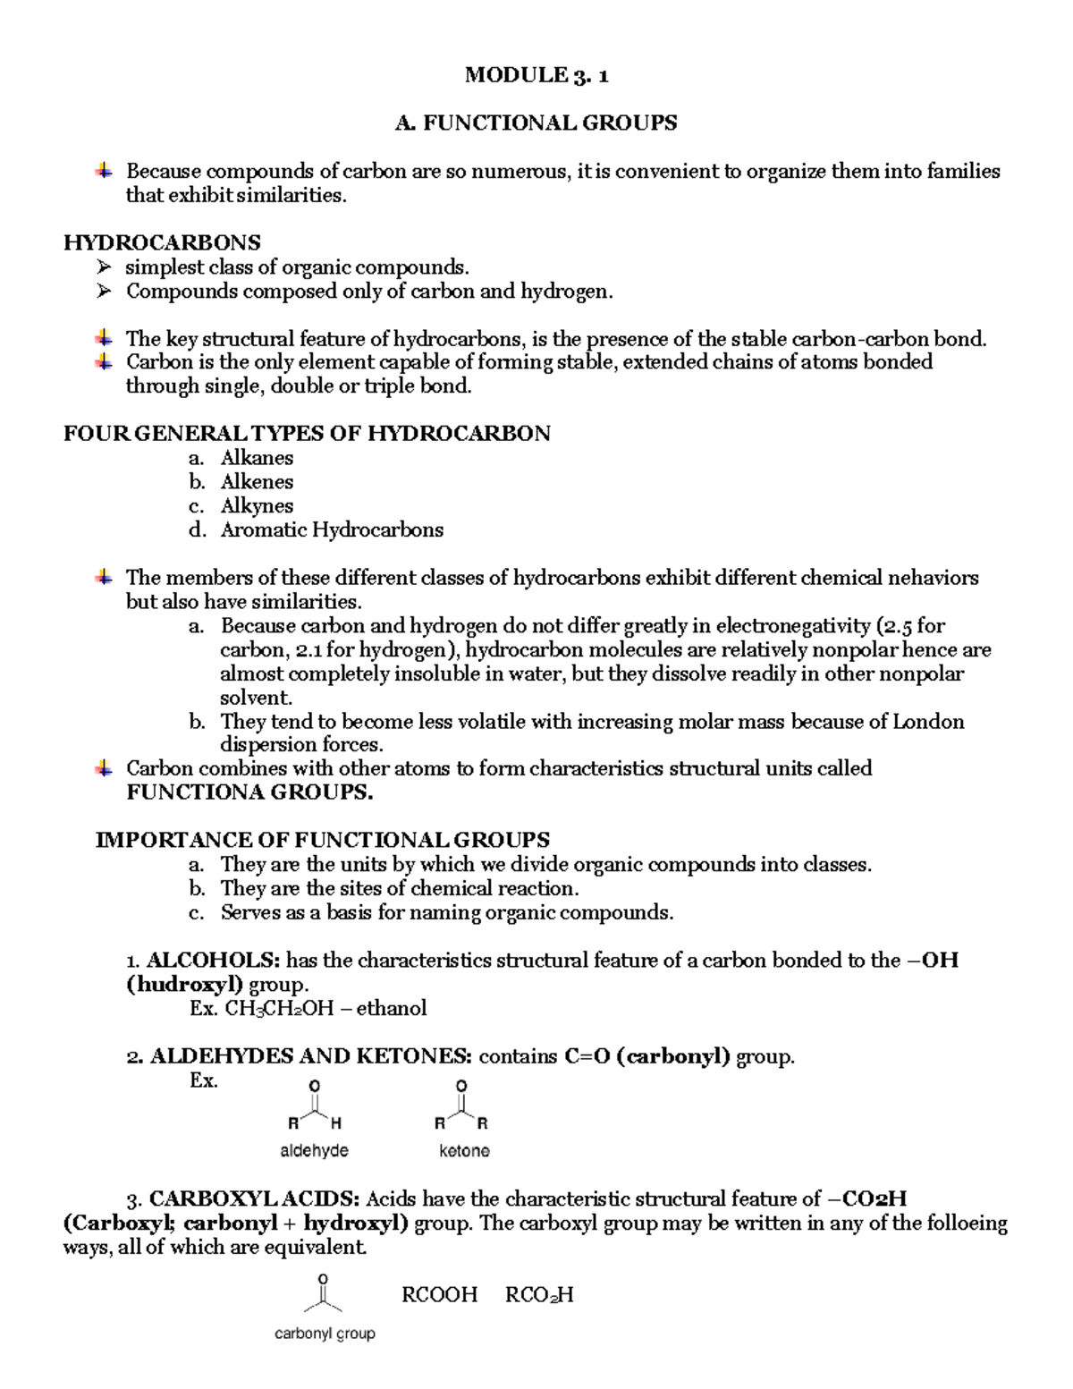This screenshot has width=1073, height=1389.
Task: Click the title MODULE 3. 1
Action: pos(536,75)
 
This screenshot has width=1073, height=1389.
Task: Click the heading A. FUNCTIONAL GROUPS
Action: pos(536,123)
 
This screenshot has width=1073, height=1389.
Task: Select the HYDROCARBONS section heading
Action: pos(162,242)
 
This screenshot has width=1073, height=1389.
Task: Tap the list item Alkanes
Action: pos(257,458)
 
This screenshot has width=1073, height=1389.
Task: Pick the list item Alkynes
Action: pos(257,506)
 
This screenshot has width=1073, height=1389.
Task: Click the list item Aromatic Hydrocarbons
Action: pos(332,529)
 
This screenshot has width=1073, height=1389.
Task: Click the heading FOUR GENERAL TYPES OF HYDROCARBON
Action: pos(307,434)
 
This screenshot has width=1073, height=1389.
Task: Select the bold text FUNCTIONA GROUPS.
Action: pos(249,792)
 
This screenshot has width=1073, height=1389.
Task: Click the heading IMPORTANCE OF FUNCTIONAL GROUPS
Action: pos(322,840)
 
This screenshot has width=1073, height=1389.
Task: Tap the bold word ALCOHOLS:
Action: pos(214,961)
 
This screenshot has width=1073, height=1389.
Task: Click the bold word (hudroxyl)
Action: pos(184,985)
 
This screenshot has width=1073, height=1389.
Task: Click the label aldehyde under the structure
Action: pos(314,1151)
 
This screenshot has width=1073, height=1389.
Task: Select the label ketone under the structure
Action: pos(464,1151)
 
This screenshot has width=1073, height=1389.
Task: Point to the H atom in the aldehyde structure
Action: pos(335,1123)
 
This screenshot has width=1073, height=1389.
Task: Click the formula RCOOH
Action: pos(440,1295)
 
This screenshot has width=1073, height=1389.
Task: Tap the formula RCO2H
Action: pos(539,1295)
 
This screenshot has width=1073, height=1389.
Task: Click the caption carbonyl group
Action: pos(325,1334)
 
